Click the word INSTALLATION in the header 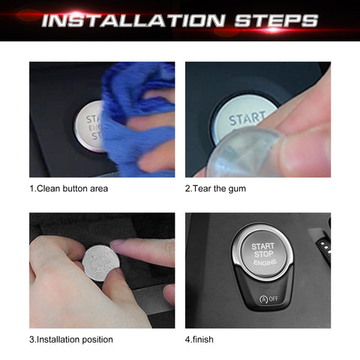click(x=139, y=20)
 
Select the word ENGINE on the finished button click(x=263, y=265)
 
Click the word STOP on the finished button click(x=263, y=256)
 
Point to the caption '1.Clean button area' click(x=68, y=188)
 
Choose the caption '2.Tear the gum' click(x=215, y=188)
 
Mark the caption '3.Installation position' click(x=71, y=339)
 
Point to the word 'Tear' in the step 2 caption click(x=203, y=188)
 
